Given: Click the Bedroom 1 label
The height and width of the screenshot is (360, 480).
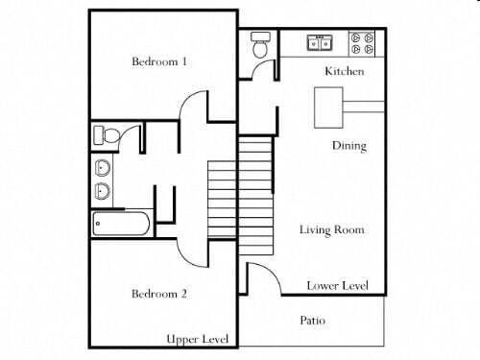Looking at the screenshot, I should pyautogui.click(x=159, y=62).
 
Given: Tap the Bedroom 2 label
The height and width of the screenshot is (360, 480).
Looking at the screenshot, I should pyautogui.click(x=159, y=293).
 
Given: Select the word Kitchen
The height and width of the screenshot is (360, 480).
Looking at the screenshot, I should pyautogui.click(x=344, y=72).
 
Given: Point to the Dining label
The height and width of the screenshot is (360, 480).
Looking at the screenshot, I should pyautogui.click(x=348, y=146).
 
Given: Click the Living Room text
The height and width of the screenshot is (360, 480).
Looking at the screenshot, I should pyautogui.click(x=331, y=230).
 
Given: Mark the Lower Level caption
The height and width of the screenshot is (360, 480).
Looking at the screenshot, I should pyautogui.click(x=336, y=286).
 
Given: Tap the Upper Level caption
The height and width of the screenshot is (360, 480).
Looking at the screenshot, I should pyautogui.click(x=197, y=340).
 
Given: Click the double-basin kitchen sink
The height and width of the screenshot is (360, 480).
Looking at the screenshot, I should pyautogui.click(x=320, y=42).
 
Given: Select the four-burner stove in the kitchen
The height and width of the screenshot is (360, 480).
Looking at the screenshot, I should pyautogui.click(x=363, y=42).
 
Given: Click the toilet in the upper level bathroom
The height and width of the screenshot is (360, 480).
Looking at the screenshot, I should pyautogui.click(x=106, y=134).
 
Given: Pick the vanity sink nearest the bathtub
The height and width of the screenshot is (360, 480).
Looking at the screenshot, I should pyautogui.click(x=103, y=190).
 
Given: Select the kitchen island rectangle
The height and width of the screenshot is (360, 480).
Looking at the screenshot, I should pyautogui.click(x=328, y=106).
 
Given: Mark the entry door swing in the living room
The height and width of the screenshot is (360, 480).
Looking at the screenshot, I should pyautogui.click(x=261, y=278).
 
